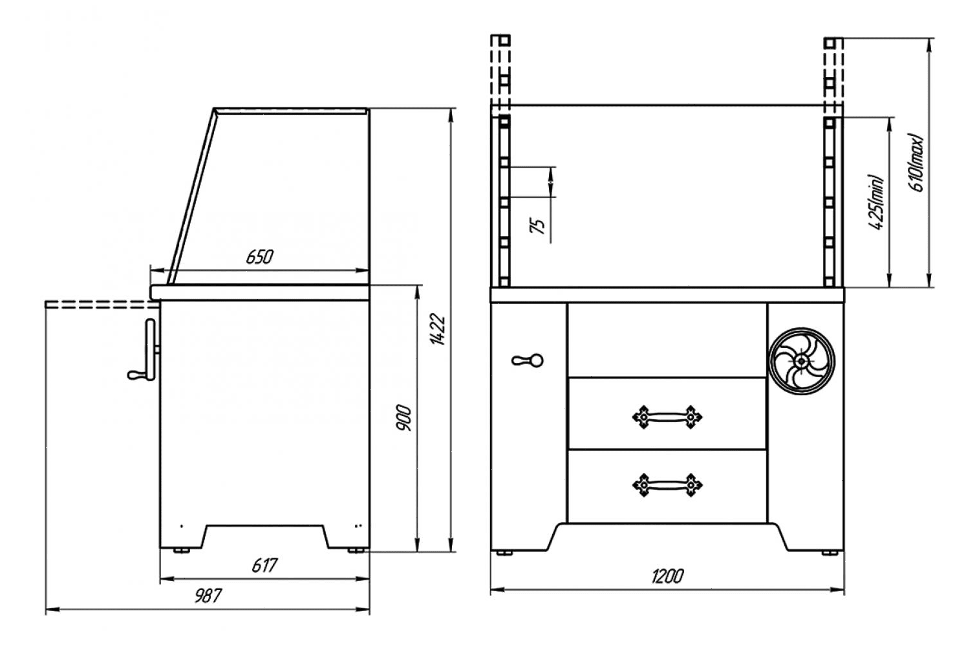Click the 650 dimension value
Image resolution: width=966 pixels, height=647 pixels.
click(259, 258)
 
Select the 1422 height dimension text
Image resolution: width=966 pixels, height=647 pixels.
click(438, 329)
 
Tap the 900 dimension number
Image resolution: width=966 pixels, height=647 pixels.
click(403, 418)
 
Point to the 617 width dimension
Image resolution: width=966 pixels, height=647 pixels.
click(264, 565)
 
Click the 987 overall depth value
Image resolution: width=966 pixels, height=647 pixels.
click(208, 596)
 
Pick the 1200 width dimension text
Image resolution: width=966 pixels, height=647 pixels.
click(667, 576)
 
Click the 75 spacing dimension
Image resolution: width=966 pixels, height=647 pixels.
click(537, 226)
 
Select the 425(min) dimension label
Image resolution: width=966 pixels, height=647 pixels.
click(876, 202)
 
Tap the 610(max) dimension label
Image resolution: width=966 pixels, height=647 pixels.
click(916, 162)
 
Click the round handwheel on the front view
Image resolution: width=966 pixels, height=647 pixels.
click(802, 361)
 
